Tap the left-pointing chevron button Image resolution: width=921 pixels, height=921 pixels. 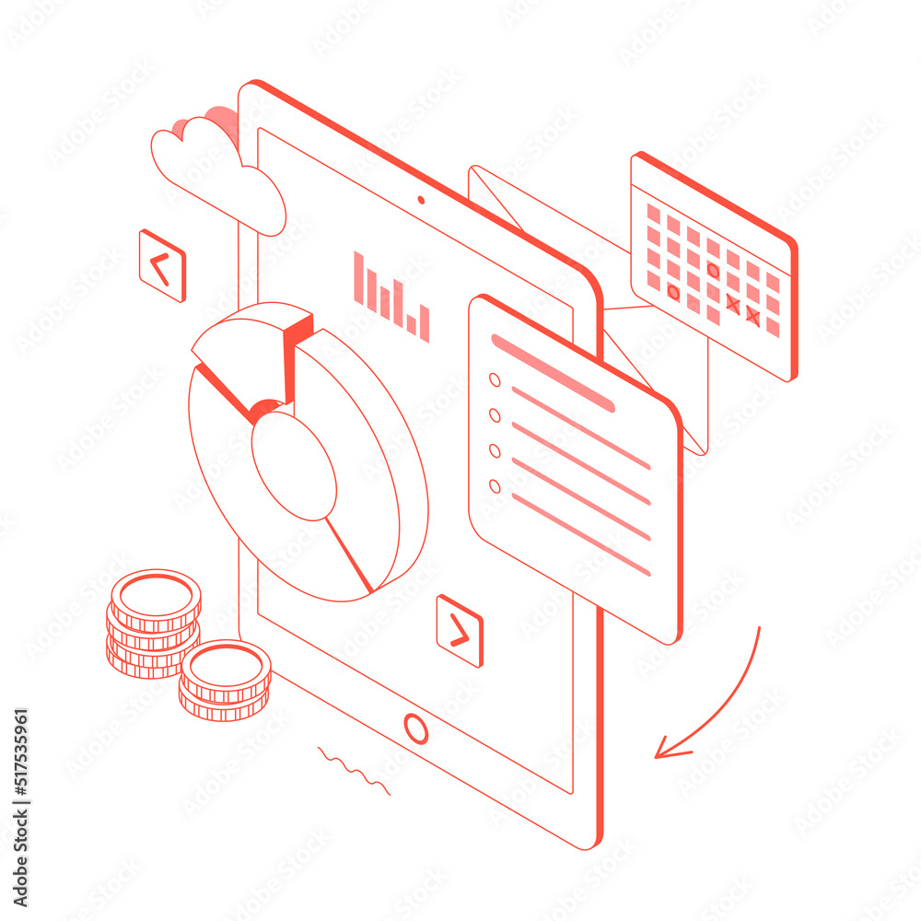point(162,266)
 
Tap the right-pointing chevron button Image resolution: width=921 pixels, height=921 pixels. point(460,631)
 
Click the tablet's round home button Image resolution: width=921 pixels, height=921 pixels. point(416,729)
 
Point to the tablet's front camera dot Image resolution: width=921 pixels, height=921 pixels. point(421,199)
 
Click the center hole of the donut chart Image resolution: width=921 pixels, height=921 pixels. point(294,465)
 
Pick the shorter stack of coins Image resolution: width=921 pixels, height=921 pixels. point(225,682)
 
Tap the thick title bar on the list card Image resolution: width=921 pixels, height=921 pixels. point(553,373)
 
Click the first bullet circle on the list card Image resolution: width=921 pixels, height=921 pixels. point(495,379)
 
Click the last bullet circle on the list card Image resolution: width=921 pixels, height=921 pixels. point(495,485)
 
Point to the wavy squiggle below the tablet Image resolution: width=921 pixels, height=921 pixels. point(354,772)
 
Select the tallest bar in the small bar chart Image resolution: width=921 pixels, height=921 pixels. point(358,277)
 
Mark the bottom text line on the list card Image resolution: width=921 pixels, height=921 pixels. point(580,534)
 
